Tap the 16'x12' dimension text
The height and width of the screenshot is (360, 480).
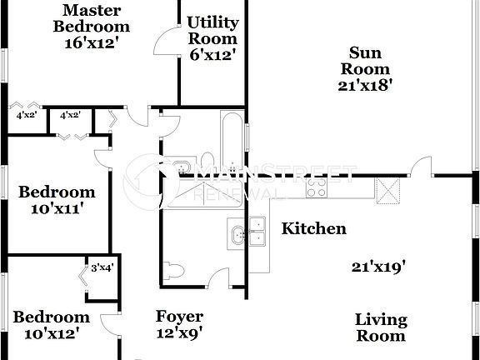click(x=92, y=42)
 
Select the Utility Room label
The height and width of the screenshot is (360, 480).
click(x=212, y=30)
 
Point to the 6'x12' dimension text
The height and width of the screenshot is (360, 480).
click(x=212, y=55)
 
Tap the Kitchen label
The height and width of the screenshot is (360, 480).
click(x=313, y=227)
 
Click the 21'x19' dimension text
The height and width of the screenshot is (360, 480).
click(x=377, y=267)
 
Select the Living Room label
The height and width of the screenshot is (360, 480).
click(x=381, y=327)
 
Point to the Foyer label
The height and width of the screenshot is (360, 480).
click(x=180, y=317)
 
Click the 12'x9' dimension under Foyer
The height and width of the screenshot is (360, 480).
click(x=180, y=333)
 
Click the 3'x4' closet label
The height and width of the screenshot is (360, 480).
click(x=102, y=267)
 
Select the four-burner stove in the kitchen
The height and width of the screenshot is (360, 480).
click(x=316, y=187)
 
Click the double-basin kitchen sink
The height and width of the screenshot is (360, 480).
click(x=247, y=232)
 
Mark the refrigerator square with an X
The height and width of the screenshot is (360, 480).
click(x=387, y=190)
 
